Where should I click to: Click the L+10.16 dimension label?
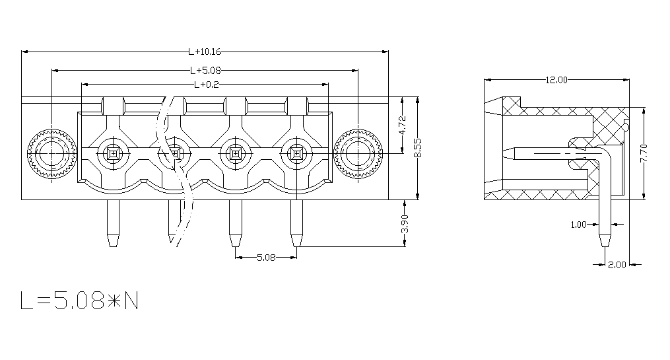click(x=205, y=52)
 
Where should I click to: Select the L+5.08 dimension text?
click(x=205, y=70)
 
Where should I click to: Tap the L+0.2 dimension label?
click(x=207, y=85)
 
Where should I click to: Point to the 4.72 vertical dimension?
click(x=403, y=126)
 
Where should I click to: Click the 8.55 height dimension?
click(x=419, y=147)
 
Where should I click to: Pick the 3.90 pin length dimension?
click(x=405, y=224)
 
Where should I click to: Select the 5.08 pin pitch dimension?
click(x=266, y=258)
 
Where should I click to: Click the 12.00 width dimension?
click(x=556, y=80)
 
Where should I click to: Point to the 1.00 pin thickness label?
click(x=578, y=225)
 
